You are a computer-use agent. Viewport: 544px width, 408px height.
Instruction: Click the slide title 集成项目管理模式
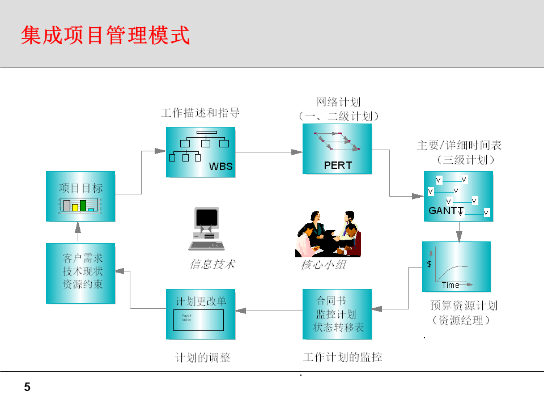(105, 35)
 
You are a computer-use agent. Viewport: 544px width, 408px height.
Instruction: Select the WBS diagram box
(200, 152)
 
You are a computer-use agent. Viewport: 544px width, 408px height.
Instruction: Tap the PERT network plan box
(337, 149)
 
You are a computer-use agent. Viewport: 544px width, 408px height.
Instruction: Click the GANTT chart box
(458, 196)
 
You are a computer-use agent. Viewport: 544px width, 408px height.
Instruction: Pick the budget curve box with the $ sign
(456, 266)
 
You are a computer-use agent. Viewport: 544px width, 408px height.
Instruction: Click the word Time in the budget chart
(451, 285)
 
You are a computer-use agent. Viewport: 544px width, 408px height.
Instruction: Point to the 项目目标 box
(80, 196)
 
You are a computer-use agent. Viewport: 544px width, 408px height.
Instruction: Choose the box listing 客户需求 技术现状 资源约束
(80, 273)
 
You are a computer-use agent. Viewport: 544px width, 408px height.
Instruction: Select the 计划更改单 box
(201, 314)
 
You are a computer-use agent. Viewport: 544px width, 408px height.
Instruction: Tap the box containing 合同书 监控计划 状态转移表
(337, 314)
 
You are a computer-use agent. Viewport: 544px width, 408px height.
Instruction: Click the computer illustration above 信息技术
(206, 229)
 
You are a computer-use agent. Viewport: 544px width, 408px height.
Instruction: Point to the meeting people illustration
(329, 233)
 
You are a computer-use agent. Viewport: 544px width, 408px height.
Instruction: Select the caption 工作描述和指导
(200, 113)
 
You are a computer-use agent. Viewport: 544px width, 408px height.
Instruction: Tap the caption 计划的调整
(203, 358)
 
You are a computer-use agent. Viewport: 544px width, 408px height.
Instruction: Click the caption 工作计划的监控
(342, 357)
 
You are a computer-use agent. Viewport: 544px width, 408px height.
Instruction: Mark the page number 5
(27, 388)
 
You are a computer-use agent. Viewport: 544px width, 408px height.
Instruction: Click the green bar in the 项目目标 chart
(83, 205)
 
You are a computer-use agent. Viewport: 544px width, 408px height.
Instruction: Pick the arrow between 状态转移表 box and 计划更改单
(269, 311)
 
